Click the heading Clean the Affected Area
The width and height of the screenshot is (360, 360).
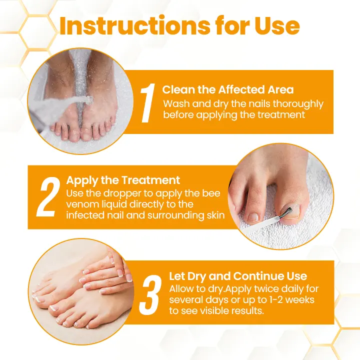[228, 90]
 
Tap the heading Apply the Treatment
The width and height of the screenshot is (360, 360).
[123, 180]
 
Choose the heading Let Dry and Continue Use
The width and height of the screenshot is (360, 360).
[238, 276]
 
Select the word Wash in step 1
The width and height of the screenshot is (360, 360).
[175, 104]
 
